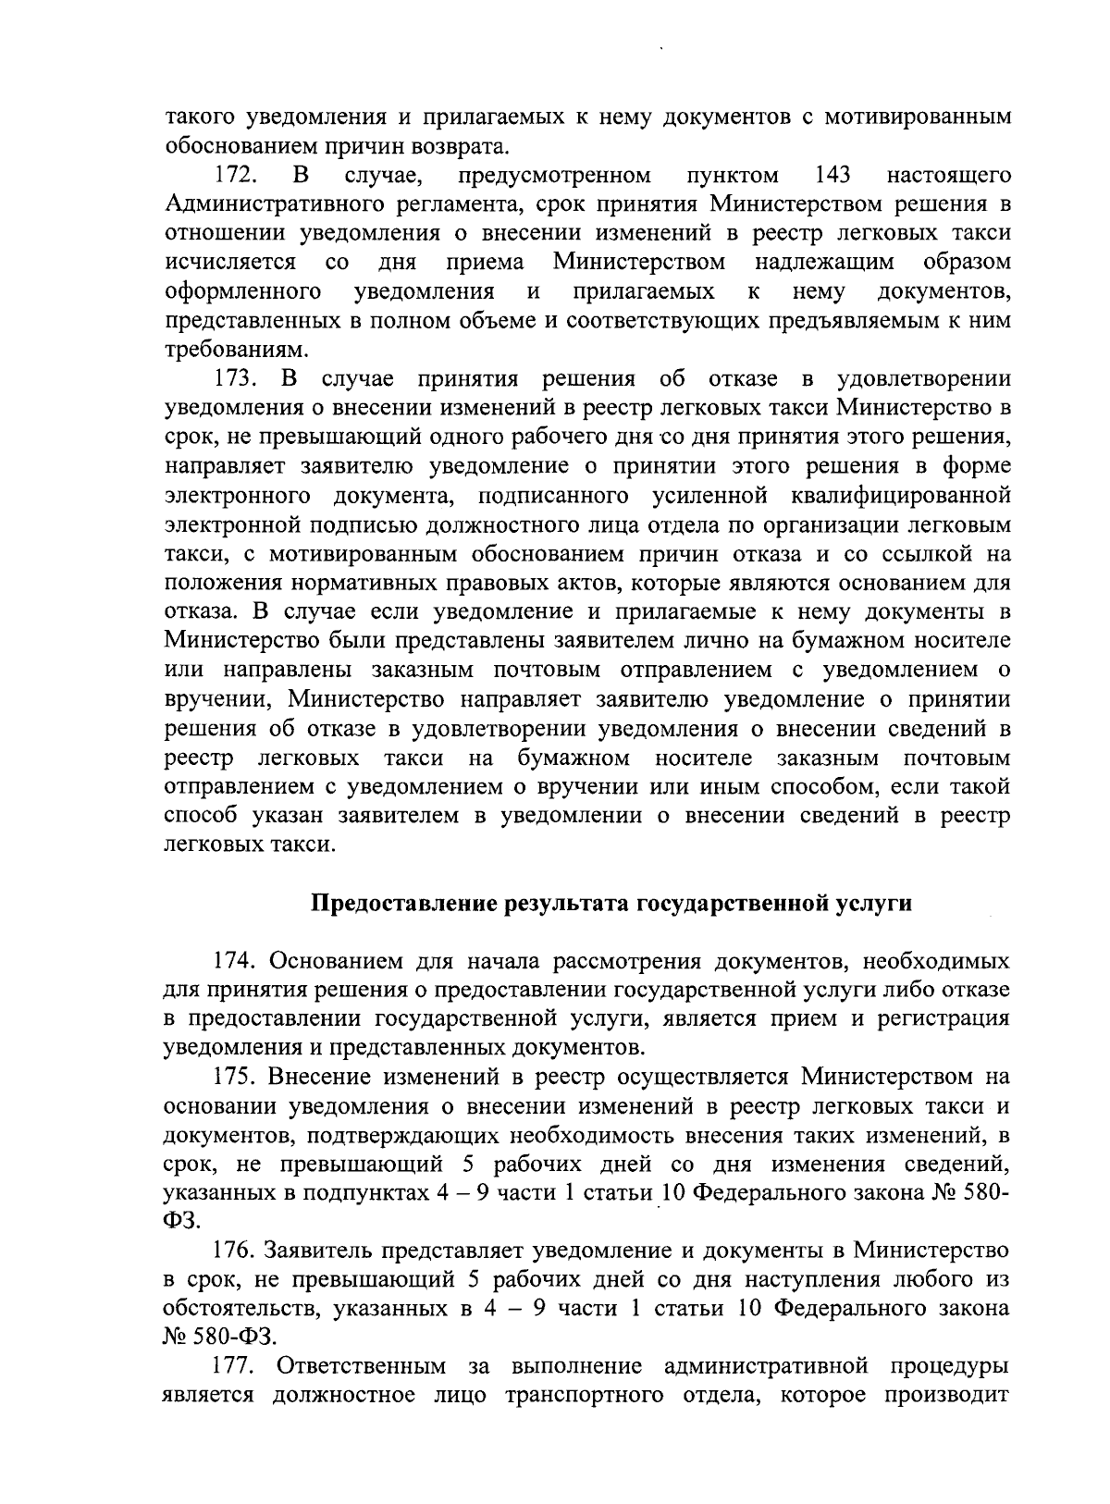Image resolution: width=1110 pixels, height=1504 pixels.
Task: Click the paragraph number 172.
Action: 235,175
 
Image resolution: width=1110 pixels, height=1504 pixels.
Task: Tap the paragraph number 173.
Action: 235,379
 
